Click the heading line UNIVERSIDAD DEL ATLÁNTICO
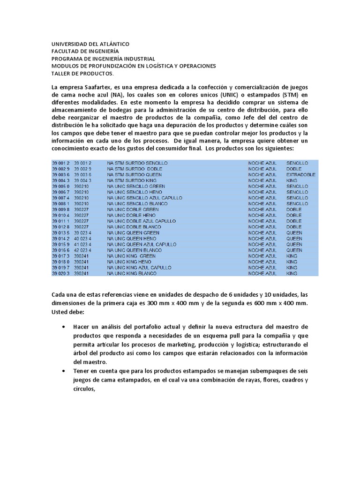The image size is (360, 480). (90, 44)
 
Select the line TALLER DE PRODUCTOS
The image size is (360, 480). (82, 74)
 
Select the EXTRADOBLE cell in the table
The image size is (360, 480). (300, 174)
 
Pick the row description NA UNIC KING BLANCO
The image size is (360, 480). (132, 273)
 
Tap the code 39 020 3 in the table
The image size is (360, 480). (61, 273)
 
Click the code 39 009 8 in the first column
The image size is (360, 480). (61, 209)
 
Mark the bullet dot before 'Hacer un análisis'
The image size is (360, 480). (63, 326)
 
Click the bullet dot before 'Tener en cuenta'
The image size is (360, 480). (63, 371)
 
